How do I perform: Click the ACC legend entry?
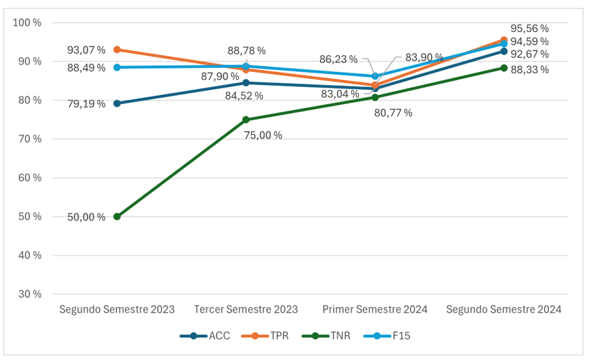205,336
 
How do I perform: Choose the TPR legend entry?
265,336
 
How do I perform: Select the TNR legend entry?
326,336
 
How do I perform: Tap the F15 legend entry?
387,336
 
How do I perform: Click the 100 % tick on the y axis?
27,23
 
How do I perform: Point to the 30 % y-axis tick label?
29,294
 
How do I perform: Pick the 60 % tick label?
29,178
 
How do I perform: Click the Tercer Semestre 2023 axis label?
246,310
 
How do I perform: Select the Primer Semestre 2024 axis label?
375,310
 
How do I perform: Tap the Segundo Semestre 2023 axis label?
117,310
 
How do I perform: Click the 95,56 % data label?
529,29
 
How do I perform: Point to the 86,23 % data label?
338,59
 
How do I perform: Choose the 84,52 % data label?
244,96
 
